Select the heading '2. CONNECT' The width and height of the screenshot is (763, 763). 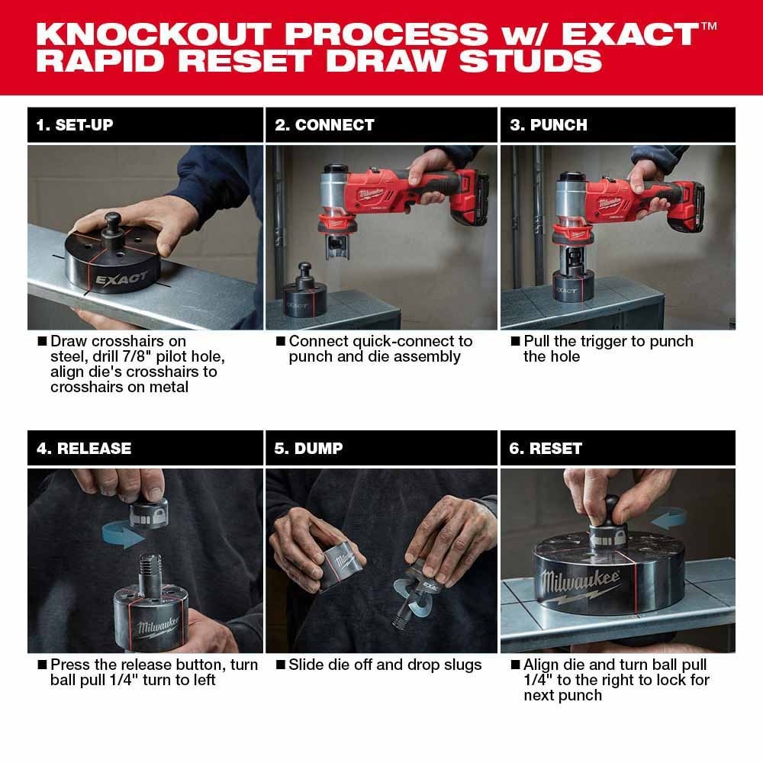tap(324, 125)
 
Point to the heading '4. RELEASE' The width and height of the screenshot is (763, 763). tap(84, 449)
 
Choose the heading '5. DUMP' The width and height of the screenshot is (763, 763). tap(308, 449)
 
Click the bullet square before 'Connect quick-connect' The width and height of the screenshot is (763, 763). tap(280, 341)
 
